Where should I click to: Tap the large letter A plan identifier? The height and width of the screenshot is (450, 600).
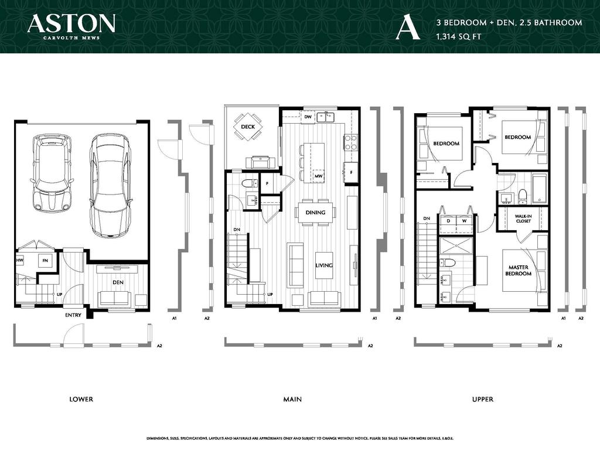(x=408, y=28)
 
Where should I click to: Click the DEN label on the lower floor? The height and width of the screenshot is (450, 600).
(x=118, y=282)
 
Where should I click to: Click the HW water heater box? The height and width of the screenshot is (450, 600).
(x=20, y=260)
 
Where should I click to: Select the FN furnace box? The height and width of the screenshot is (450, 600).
(x=43, y=260)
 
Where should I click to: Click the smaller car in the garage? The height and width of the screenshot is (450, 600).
(x=53, y=173)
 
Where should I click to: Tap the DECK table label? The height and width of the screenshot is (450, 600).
(x=248, y=127)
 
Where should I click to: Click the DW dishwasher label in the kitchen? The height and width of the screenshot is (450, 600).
(x=308, y=117)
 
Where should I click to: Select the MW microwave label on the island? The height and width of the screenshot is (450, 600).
(x=318, y=176)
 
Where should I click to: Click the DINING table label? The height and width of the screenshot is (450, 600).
(x=315, y=212)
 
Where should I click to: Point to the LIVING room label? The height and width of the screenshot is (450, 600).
(x=324, y=265)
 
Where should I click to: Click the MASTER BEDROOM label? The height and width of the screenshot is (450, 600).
(x=518, y=271)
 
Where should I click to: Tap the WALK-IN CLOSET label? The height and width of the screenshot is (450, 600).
(x=523, y=219)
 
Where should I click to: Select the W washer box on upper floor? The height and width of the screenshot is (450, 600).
(x=464, y=221)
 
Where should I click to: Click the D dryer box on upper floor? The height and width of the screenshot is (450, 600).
(x=448, y=221)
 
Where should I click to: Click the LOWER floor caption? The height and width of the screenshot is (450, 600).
(x=81, y=399)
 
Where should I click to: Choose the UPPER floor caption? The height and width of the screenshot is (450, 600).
(x=482, y=399)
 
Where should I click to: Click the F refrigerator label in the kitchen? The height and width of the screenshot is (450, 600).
(x=351, y=173)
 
